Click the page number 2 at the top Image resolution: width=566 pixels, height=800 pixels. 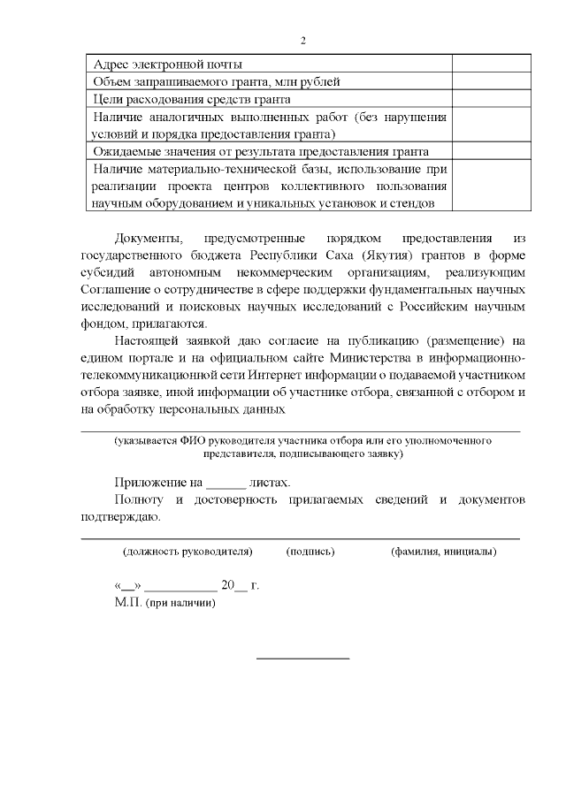[x=302, y=40]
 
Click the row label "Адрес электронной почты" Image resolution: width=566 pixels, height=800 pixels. [x=168, y=65]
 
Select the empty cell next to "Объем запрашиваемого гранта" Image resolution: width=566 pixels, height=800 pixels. [x=491, y=82]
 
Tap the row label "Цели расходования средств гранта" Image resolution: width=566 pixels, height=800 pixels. [x=192, y=100]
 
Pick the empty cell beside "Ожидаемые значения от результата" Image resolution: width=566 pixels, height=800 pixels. [x=491, y=152]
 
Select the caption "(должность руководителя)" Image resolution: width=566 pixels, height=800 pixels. [x=187, y=552]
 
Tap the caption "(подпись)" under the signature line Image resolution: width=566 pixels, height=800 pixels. [x=310, y=552]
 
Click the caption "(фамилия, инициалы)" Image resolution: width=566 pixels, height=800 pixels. [x=443, y=552]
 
